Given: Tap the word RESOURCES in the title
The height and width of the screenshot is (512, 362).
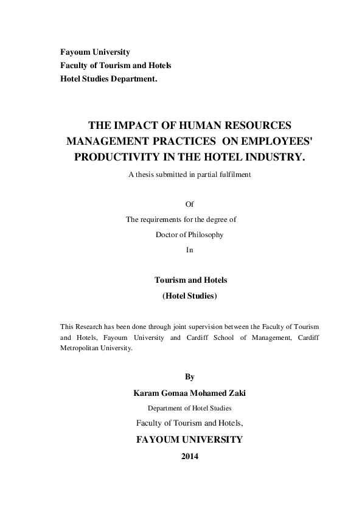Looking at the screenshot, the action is [x=255, y=126].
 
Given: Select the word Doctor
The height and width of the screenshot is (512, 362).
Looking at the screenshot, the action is [x=167, y=235].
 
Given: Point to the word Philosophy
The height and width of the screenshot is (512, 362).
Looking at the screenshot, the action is [x=206, y=235].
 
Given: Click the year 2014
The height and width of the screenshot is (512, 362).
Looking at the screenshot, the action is [x=190, y=456].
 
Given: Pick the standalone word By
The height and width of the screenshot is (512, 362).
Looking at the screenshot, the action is [x=189, y=377].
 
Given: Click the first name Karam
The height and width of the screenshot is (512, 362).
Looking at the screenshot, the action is [x=146, y=393].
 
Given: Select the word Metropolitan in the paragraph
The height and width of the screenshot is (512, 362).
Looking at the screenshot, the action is [x=83, y=349].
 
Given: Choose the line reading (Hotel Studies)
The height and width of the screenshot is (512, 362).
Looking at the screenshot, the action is [x=189, y=296].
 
